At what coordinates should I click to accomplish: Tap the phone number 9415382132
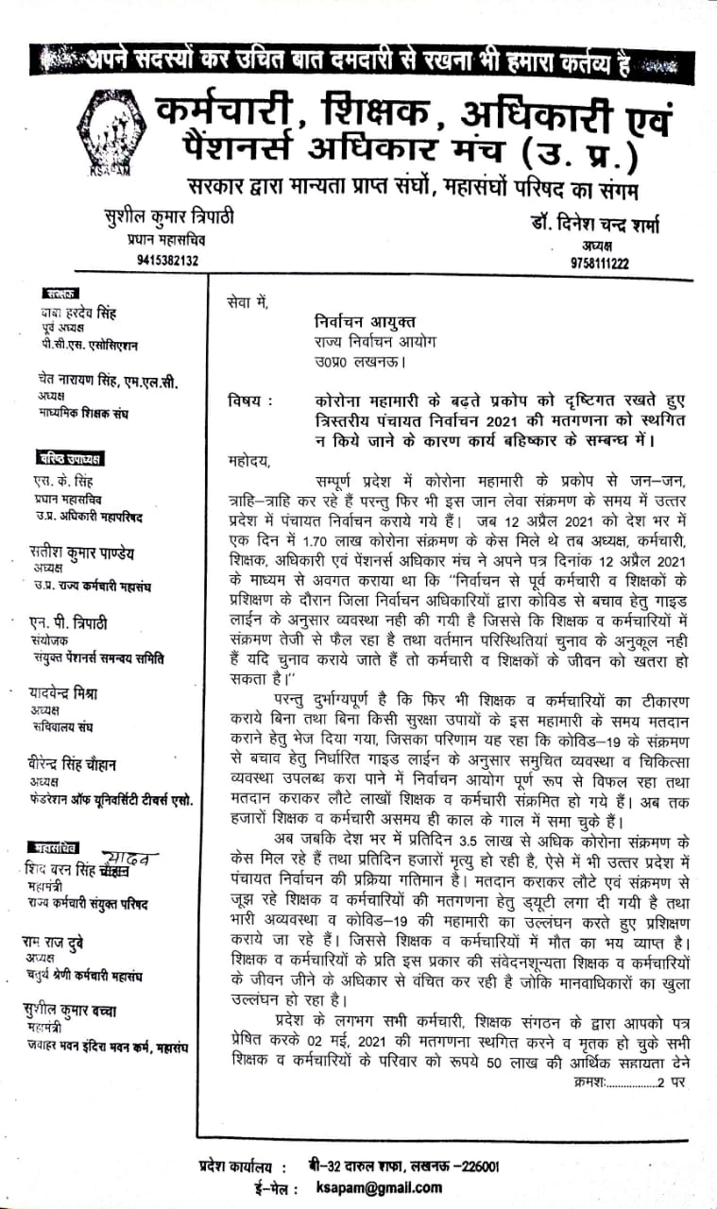[167, 260]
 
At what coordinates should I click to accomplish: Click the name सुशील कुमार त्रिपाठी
[168, 216]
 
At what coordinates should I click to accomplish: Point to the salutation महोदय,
[249, 462]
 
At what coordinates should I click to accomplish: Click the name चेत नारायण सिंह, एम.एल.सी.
[103, 381]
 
